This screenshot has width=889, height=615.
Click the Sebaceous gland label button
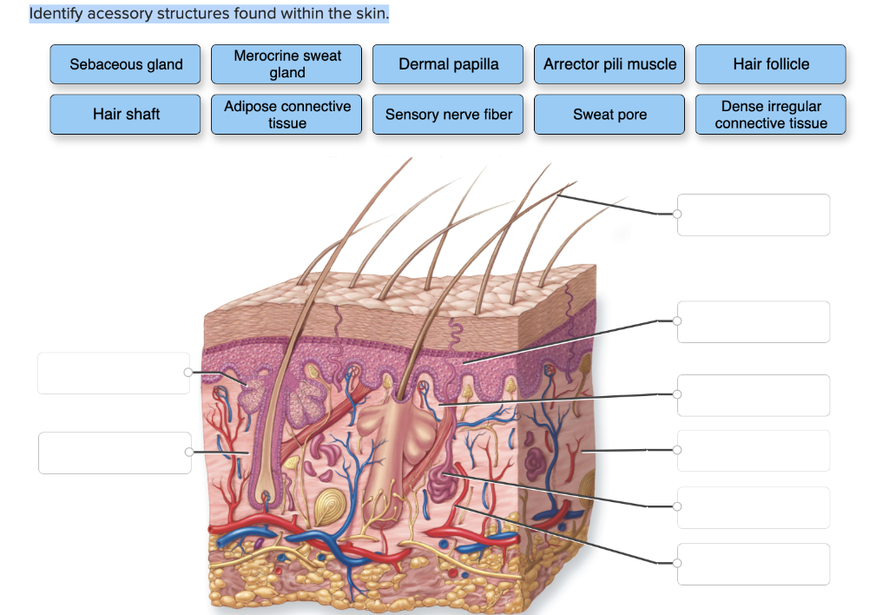[126, 64]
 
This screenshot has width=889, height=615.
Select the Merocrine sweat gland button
[287, 64]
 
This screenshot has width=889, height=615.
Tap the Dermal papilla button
[448, 64]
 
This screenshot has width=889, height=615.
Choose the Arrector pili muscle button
[609, 64]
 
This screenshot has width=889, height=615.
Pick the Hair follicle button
[771, 64]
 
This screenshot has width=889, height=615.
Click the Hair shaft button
[126, 115]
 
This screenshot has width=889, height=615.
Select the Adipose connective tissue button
[287, 115]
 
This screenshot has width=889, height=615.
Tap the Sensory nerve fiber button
[448, 115]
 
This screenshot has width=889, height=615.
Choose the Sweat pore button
[609, 115]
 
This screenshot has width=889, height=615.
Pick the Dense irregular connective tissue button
[771, 115]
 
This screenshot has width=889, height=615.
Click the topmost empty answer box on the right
[754, 215]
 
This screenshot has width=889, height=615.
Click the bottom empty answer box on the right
[754, 564]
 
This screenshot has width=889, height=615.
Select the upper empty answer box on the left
[114, 373]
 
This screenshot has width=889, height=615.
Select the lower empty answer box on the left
[115, 453]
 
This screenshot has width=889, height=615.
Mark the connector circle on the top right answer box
[678, 214]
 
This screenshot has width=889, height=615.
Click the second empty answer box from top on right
[754, 321]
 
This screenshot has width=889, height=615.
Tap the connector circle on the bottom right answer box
[678, 563]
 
